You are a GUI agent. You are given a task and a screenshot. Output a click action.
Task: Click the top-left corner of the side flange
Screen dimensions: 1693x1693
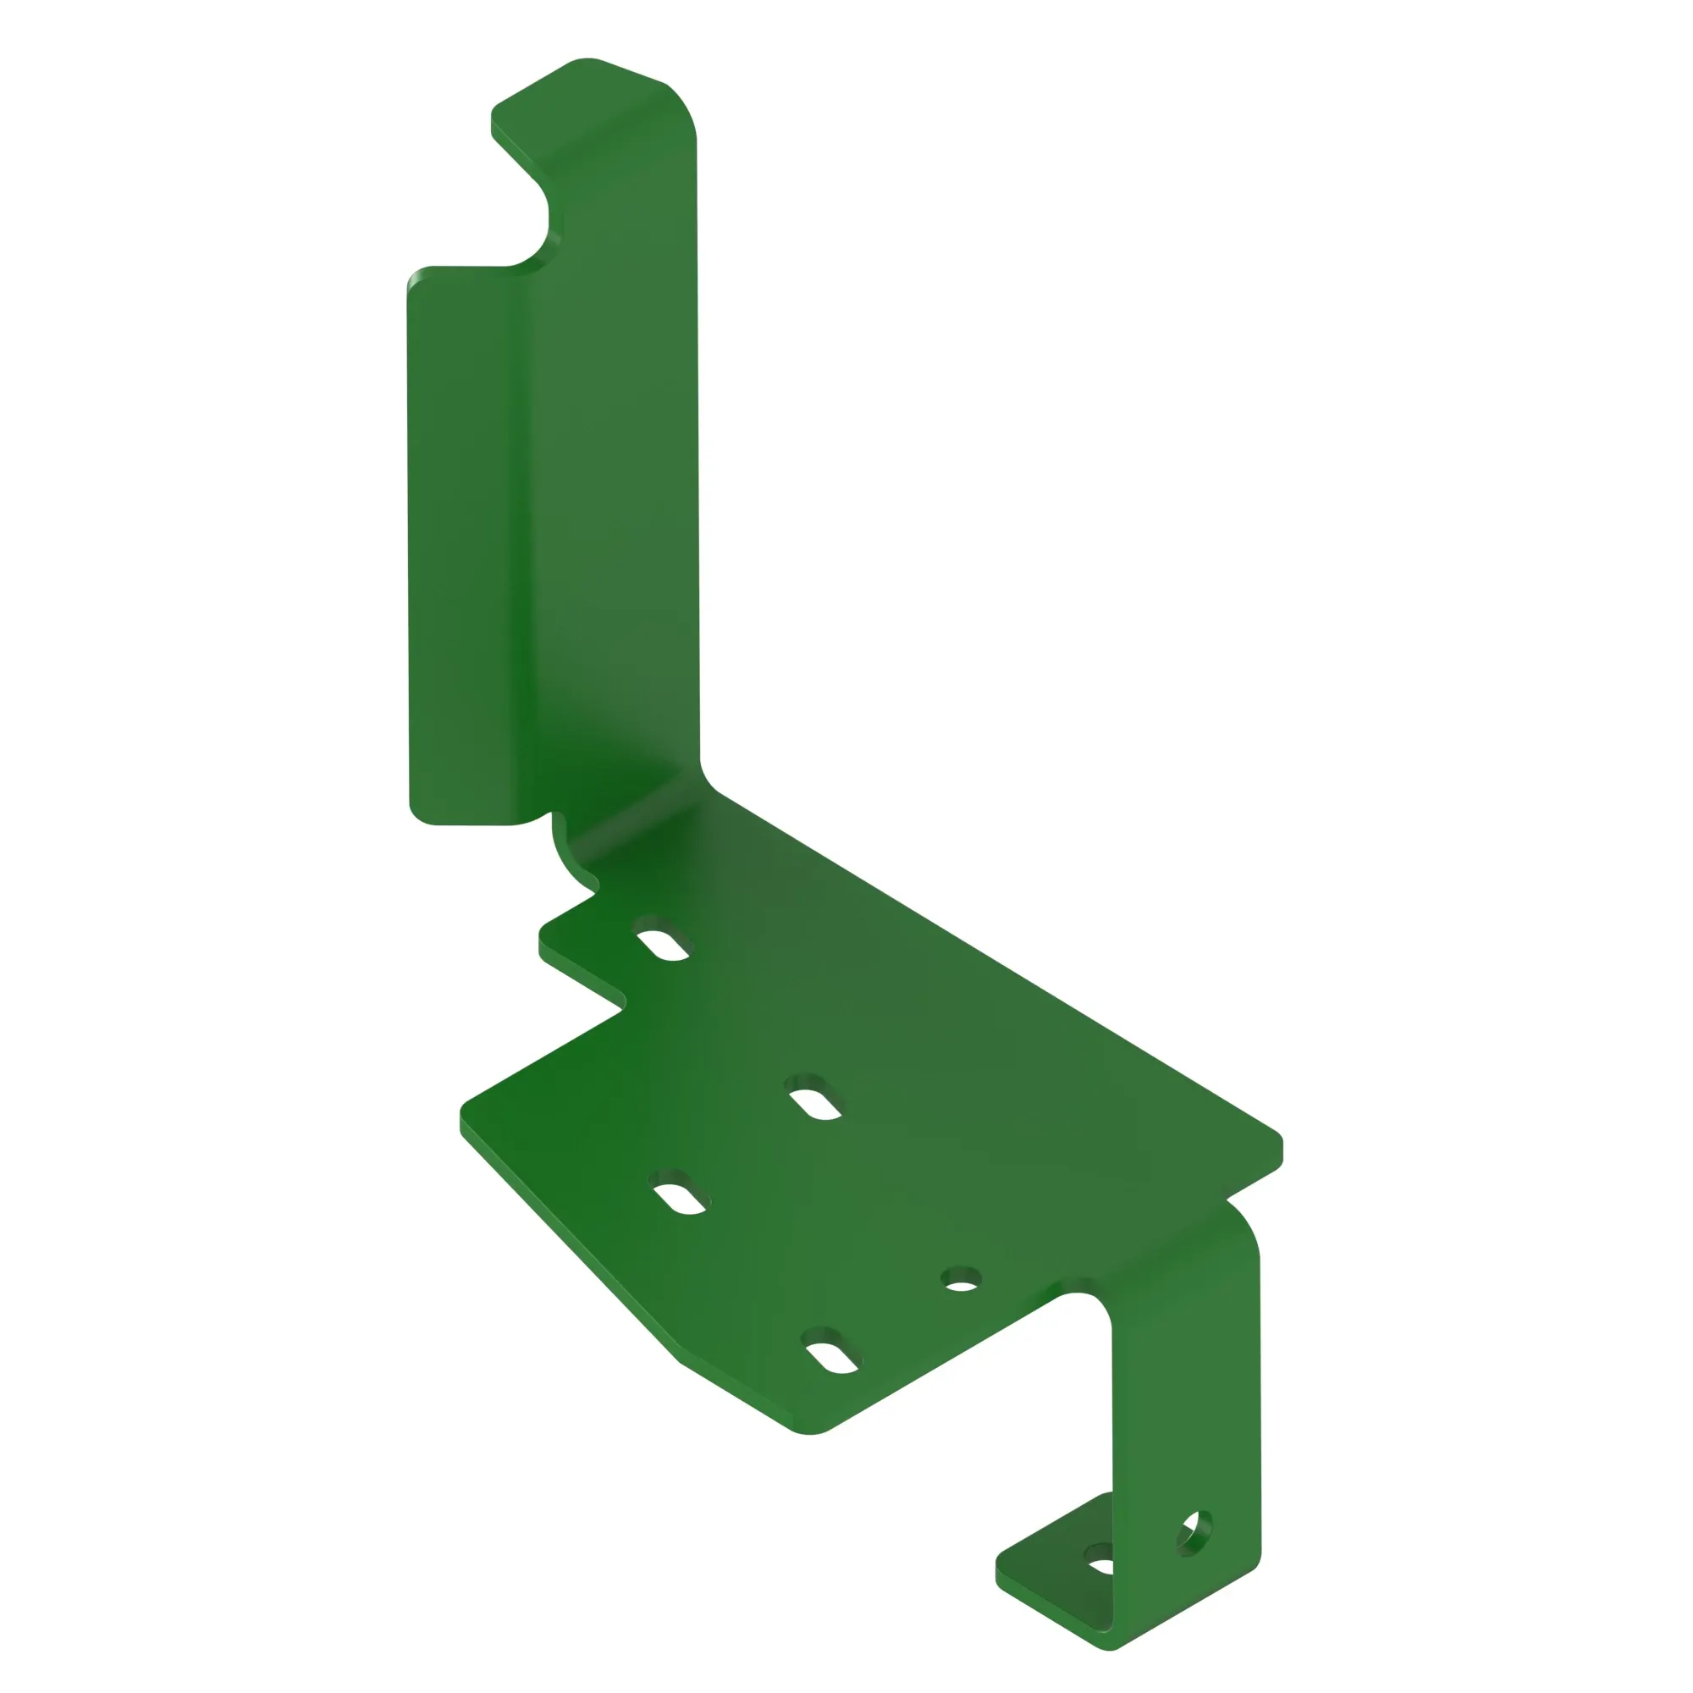tap(417, 277)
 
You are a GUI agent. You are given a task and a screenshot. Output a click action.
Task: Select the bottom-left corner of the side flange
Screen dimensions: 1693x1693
tap(421, 815)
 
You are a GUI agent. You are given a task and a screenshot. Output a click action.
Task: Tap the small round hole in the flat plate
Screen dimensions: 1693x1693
tap(962, 1285)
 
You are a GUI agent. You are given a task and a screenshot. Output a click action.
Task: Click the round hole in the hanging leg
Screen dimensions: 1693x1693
tap(1194, 1534)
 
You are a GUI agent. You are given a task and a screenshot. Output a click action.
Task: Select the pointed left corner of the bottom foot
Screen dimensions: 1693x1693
tap(1001, 1574)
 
